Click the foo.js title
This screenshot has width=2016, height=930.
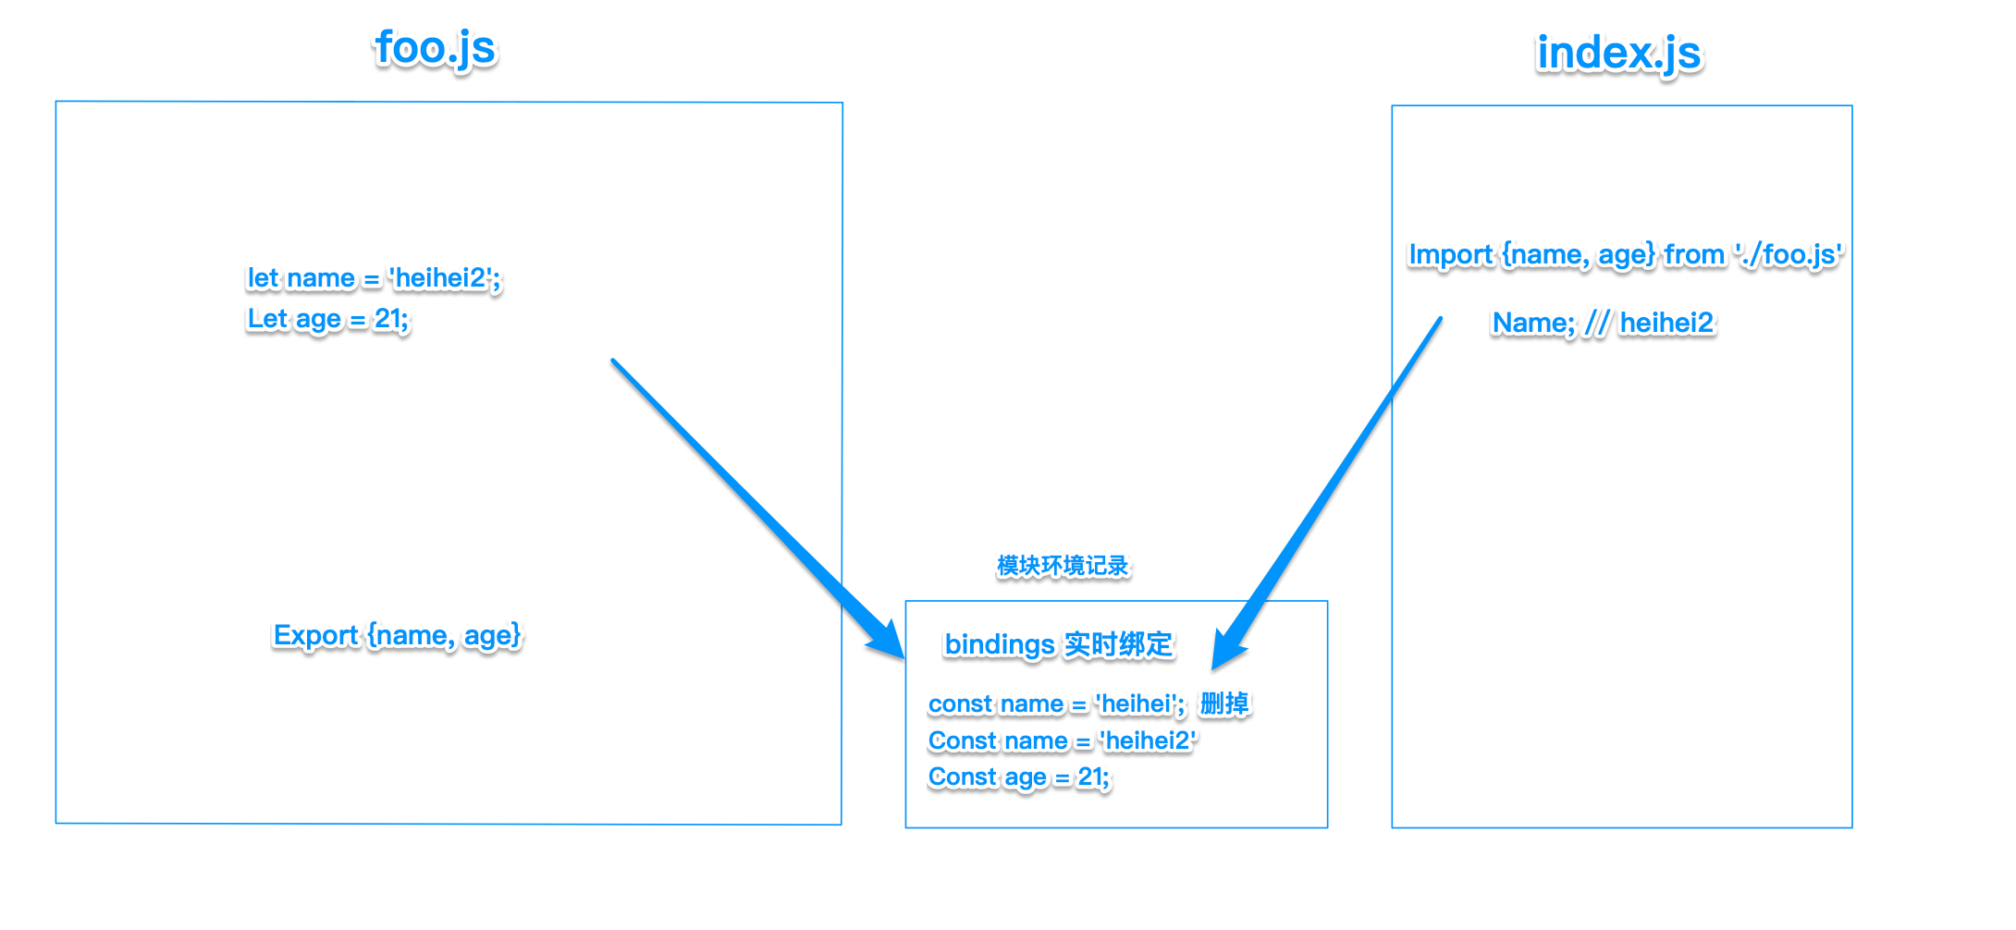(x=435, y=49)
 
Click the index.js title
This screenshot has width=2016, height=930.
(x=1618, y=54)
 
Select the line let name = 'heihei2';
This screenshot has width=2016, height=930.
(x=374, y=278)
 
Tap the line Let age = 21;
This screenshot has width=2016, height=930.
(x=327, y=319)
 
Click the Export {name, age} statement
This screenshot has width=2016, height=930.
(x=397, y=636)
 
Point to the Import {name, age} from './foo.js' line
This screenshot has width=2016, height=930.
(x=1625, y=254)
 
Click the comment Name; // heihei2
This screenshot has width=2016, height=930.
(x=1603, y=323)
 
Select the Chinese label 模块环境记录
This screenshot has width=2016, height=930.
(x=1063, y=566)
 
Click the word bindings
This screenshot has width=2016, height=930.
(x=999, y=644)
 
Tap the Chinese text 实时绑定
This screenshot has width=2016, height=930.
(x=1118, y=644)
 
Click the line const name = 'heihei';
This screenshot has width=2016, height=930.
(x=1056, y=704)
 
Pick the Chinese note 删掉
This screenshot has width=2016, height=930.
(x=1224, y=704)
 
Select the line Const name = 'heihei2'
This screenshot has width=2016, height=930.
(x=1063, y=741)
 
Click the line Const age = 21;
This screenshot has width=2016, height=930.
(x=1018, y=777)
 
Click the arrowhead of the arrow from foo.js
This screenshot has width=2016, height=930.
(x=886, y=640)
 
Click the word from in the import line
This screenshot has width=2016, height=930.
(x=1694, y=254)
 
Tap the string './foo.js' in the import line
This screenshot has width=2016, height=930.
(x=1789, y=254)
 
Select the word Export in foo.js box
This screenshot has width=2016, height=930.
(x=315, y=636)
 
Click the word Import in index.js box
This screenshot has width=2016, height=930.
(x=1450, y=254)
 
